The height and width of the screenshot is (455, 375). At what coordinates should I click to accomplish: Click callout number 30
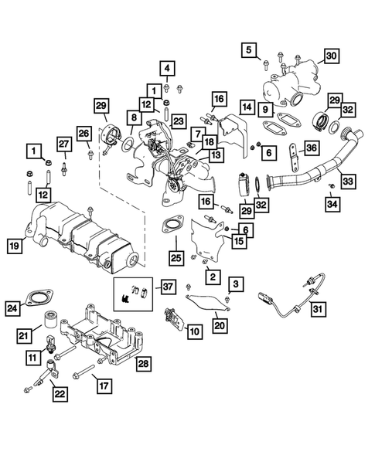tap(331, 56)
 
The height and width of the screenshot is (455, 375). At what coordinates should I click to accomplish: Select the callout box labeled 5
tap(249, 51)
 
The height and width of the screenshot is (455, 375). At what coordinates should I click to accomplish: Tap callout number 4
tap(167, 67)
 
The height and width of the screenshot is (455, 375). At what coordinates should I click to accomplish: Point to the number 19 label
tap(14, 246)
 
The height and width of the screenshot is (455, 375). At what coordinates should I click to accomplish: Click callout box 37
tap(167, 287)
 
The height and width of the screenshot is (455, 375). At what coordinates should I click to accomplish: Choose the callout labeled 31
tap(319, 310)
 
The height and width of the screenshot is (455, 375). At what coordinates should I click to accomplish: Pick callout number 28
tap(143, 362)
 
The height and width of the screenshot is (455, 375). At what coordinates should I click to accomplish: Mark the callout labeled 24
tap(12, 310)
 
